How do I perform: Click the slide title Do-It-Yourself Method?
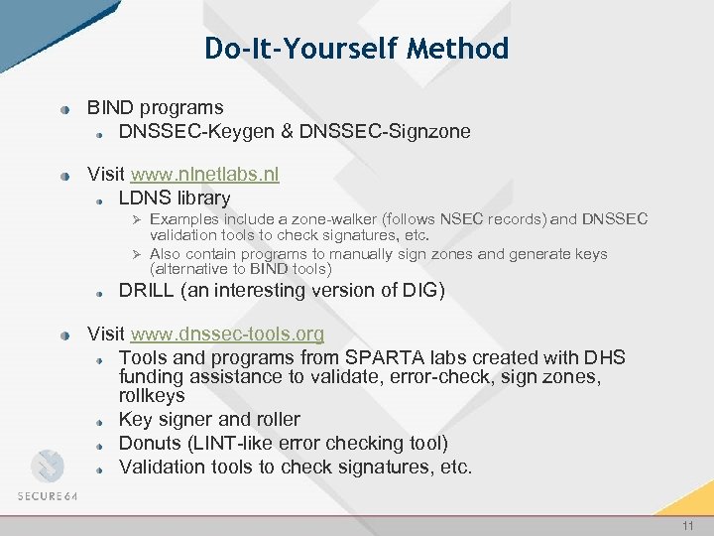356,48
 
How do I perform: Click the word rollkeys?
152,396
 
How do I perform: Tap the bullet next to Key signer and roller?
102,421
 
